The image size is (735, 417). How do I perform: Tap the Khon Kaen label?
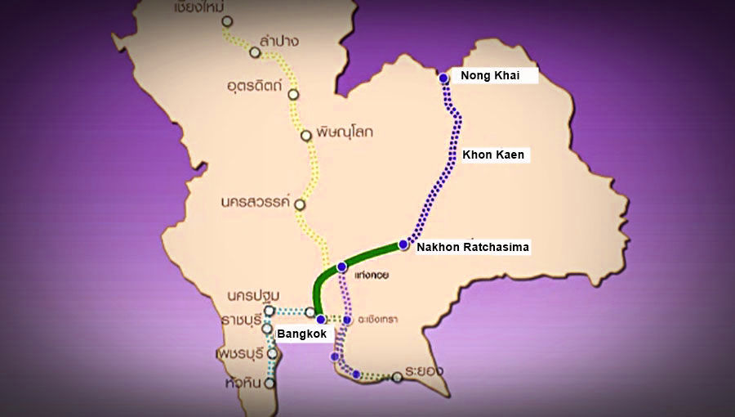coord(493,154)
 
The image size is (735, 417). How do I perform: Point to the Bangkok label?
coord(301,334)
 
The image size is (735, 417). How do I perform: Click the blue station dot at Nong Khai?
coord(443,78)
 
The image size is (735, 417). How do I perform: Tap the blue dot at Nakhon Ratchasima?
coord(403,244)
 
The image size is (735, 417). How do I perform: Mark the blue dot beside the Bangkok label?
coord(321,319)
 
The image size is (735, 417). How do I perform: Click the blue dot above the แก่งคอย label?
coord(341,267)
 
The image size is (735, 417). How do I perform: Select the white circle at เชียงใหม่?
coord(226,21)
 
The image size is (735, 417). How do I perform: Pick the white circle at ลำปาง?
coord(255,52)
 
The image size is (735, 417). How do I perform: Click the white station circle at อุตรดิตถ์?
coord(293,94)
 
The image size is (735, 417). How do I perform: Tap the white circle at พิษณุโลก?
coord(305,136)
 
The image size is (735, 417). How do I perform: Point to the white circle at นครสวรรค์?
coord(300,204)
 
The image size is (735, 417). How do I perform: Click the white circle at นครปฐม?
coord(269,311)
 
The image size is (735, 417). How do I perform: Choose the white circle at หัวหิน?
coord(270,382)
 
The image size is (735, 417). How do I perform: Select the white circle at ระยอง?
coord(397,377)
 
